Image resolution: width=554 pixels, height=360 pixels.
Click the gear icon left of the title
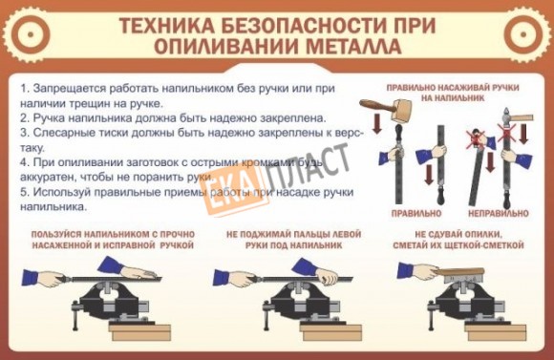(x=29, y=34)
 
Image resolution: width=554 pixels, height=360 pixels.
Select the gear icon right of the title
(x=525, y=34)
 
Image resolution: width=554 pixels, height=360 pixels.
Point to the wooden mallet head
(x=403, y=110)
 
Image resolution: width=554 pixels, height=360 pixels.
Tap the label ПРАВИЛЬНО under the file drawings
(x=416, y=213)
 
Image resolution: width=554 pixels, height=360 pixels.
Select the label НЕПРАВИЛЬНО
(x=499, y=213)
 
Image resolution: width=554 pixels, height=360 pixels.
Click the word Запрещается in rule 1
(x=70, y=89)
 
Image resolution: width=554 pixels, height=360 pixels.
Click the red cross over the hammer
(x=506, y=133)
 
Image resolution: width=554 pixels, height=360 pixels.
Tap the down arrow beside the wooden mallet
(x=377, y=123)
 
